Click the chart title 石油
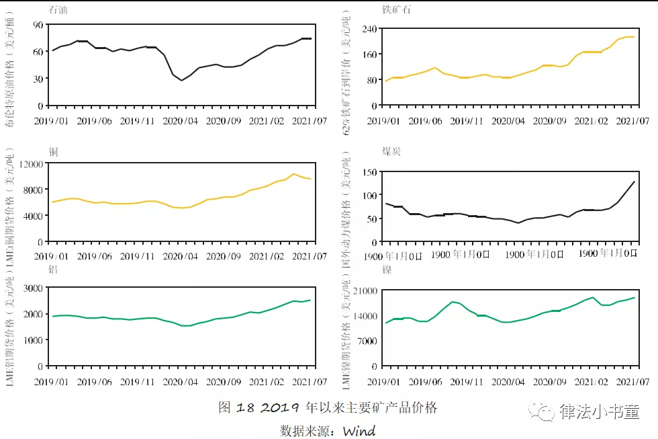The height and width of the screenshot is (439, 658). click(x=58, y=11)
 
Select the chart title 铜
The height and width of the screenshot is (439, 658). click(x=54, y=151)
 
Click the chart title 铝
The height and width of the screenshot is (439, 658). click(x=54, y=269)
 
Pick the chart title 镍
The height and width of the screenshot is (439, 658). click(x=387, y=270)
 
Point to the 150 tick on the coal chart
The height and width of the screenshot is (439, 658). click(x=367, y=172)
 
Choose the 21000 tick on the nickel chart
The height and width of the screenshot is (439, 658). click(x=363, y=290)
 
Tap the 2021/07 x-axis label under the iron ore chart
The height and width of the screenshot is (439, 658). click(x=633, y=121)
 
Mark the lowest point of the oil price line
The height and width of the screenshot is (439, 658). click(x=181, y=81)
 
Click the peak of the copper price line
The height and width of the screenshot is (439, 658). click(x=294, y=174)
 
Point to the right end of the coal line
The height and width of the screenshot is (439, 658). click(x=634, y=181)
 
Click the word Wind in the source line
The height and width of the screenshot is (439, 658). click(x=359, y=431)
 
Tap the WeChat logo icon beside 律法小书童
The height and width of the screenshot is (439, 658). click(x=543, y=411)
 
